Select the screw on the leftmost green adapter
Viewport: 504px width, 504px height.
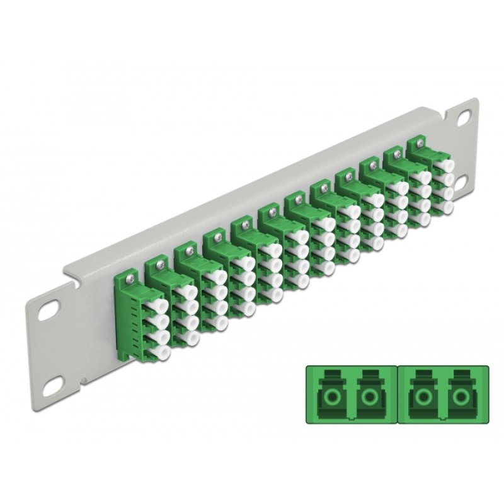click(130, 275)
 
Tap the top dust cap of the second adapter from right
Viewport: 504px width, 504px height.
click(421, 174)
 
